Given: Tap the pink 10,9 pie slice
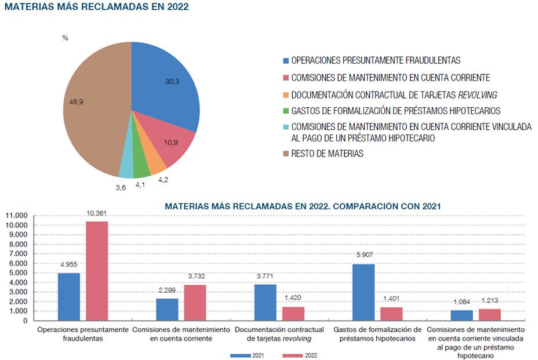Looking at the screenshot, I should click(174, 145).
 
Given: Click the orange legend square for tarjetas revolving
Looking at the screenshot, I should click(285, 94).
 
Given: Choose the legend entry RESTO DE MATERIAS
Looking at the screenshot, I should click(327, 154).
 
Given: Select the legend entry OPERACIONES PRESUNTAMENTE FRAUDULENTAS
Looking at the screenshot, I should click(376, 60).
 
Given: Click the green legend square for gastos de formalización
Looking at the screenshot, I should click(285, 111).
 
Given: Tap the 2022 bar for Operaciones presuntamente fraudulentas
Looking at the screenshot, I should click(96, 271).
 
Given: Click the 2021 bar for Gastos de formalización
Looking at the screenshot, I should click(363, 292).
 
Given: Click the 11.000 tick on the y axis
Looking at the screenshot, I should click(17, 216).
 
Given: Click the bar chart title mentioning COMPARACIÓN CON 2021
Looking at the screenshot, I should click(303, 206).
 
